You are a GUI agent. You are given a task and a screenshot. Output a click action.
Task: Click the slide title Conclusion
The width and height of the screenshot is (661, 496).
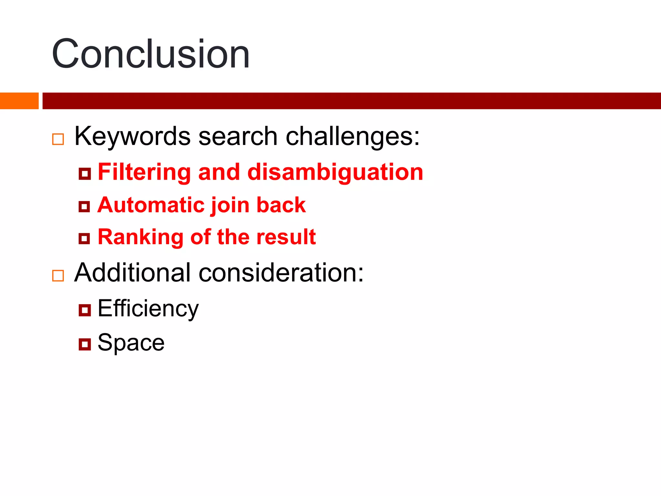[151, 54]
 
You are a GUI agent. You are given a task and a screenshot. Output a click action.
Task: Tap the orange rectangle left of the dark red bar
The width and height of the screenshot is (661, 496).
[19, 101]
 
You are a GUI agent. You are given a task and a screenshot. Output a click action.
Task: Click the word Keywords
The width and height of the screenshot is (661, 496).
[132, 136]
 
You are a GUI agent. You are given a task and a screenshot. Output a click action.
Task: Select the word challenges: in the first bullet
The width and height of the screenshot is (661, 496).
[353, 136]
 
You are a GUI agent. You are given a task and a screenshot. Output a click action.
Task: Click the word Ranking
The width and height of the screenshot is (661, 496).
[140, 237]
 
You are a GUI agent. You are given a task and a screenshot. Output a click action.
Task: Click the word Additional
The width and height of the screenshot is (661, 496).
[132, 273]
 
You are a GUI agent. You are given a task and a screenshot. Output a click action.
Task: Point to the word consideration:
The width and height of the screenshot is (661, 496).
[281, 273]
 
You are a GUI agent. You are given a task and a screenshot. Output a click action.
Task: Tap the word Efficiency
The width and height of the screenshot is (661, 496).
[148, 309]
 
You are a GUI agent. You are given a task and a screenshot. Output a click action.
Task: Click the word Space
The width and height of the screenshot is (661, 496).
[131, 343]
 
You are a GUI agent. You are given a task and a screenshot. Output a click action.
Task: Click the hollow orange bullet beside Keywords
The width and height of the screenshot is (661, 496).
[58, 139]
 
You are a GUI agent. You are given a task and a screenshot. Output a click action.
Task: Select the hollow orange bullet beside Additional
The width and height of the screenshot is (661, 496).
[58, 276]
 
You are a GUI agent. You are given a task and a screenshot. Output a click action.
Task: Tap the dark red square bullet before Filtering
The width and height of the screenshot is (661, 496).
[85, 174]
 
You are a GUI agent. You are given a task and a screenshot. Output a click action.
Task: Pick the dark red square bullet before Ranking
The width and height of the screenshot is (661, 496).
[85, 239]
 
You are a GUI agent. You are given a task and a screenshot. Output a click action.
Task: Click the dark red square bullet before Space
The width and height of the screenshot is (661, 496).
[85, 344]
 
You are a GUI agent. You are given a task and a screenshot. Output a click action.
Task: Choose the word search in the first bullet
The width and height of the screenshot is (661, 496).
[238, 136]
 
